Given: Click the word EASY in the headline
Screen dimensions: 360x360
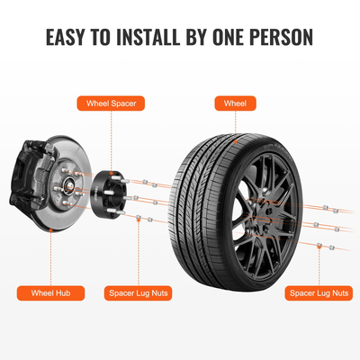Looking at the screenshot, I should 67,40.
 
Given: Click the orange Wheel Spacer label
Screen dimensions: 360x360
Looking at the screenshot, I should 110,103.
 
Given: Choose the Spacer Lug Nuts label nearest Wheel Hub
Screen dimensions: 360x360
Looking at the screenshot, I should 139,292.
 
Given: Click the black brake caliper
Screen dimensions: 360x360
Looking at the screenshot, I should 27,175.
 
